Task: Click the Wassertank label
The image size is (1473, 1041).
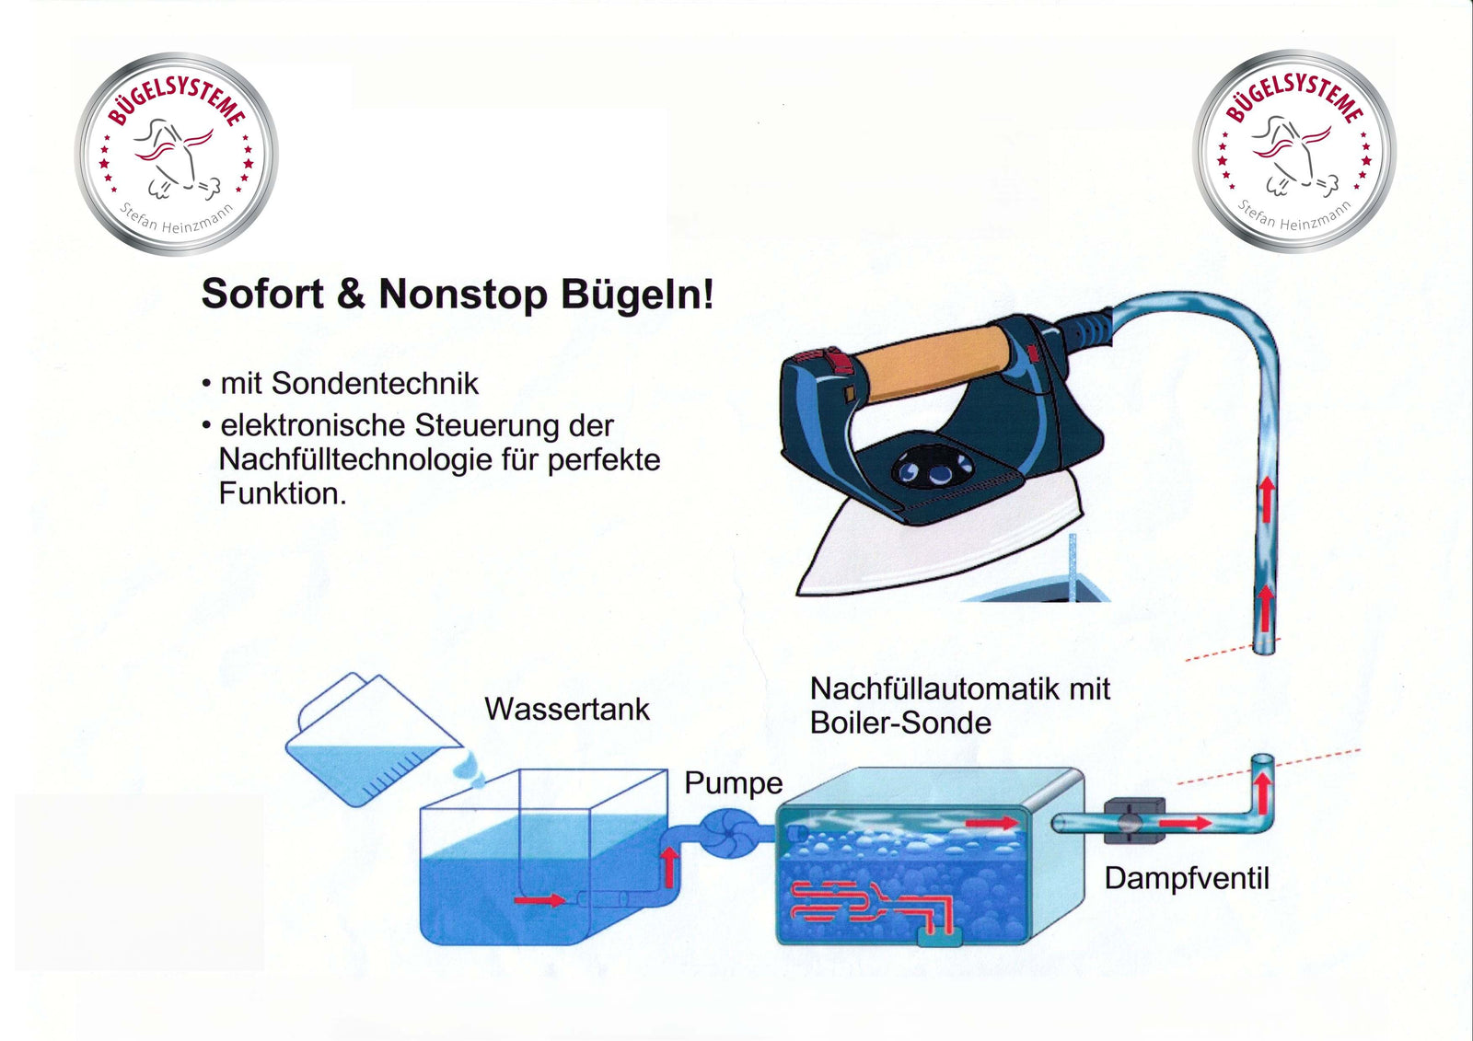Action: click(567, 710)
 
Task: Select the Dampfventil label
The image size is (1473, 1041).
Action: click(1187, 879)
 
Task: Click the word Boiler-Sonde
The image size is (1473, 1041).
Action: click(900, 723)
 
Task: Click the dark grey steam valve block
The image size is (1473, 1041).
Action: click(1134, 821)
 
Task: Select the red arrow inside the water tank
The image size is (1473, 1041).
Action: click(539, 899)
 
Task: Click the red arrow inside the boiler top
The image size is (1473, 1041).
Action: click(992, 823)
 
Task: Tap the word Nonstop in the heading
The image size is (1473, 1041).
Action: click(463, 294)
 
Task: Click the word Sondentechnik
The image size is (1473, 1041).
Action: click(375, 384)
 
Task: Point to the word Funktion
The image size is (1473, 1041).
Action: click(282, 493)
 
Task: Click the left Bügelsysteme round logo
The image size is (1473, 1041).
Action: click(176, 154)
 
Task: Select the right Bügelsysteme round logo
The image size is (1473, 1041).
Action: click(1294, 151)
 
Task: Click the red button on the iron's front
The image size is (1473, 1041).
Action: click(840, 361)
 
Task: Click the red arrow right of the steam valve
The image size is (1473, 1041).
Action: click(1185, 823)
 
